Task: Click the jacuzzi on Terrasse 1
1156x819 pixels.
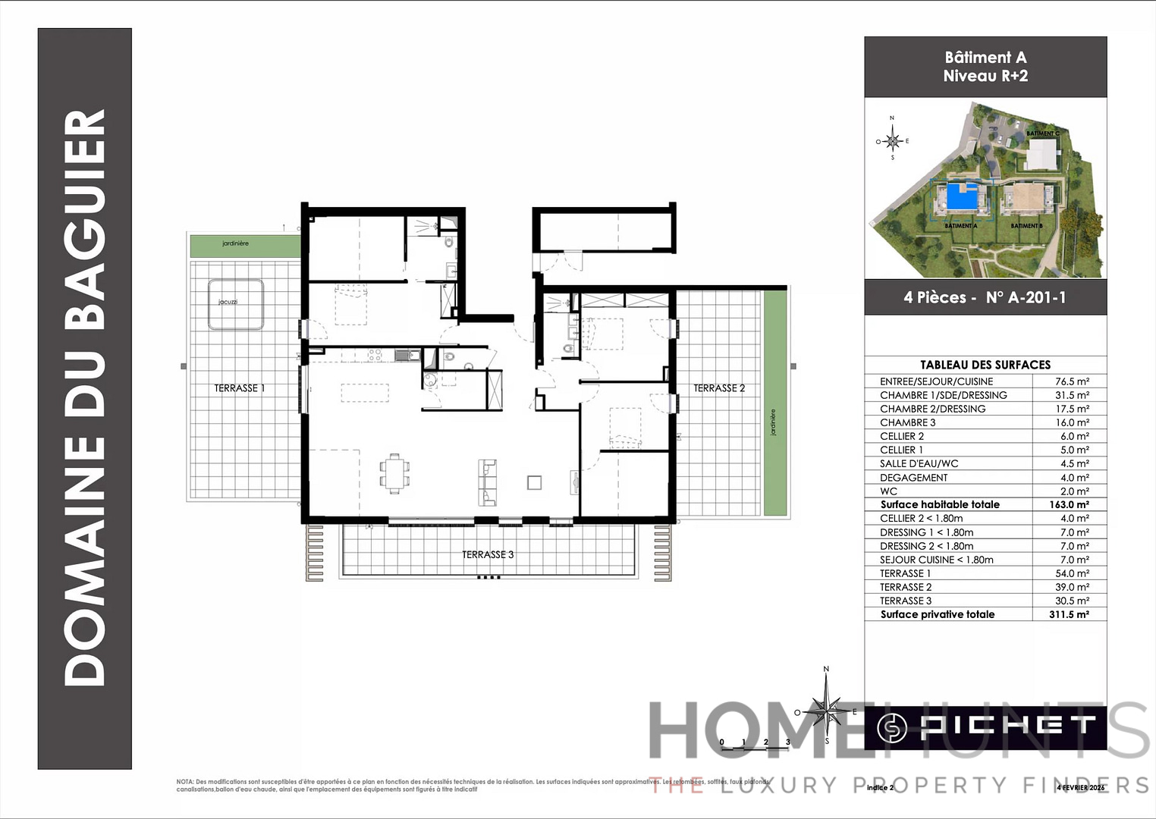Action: (x=236, y=304)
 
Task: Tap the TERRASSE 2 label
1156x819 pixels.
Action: (x=719, y=388)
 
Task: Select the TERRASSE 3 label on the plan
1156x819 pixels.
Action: (x=488, y=555)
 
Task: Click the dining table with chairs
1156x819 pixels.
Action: (x=394, y=474)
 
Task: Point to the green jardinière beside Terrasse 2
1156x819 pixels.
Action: (x=774, y=403)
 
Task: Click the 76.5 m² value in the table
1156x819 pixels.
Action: (x=1072, y=381)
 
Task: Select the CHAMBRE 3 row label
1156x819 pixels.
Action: (x=907, y=422)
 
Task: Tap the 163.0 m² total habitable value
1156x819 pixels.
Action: (x=1070, y=504)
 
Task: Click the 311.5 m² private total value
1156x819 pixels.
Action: (x=1069, y=614)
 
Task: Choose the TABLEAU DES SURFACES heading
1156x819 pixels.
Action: (x=985, y=365)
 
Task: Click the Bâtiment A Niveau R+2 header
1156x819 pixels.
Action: (x=985, y=67)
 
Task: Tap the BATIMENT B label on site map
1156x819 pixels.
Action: (x=1026, y=226)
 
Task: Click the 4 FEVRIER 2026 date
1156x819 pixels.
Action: (x=1080, y=787)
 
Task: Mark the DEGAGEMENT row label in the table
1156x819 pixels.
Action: (x=913, y=478)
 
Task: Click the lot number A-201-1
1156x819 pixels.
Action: (x=1026, y=298)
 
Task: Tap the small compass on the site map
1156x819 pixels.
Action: (x=893, y=141)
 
